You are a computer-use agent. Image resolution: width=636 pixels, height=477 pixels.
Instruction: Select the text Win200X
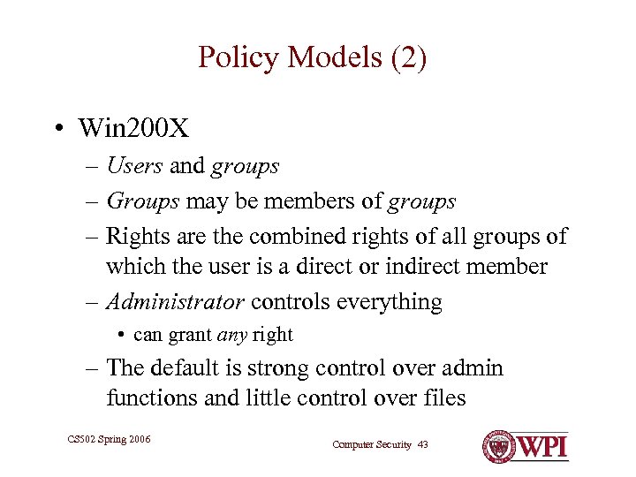tap(133, 129)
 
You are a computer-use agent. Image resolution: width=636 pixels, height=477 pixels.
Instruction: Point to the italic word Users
tap(134, 165)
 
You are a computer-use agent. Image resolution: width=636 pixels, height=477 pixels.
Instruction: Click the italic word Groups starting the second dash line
tap(143, 201)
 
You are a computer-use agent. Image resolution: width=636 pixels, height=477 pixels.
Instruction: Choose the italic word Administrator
tap(175, 302)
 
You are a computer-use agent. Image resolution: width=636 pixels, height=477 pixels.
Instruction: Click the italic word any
tap(232, 335)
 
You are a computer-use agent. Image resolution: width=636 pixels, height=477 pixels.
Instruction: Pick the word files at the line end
tap(443, 397)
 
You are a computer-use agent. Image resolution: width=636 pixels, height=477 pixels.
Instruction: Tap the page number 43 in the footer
tap(422, 444)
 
